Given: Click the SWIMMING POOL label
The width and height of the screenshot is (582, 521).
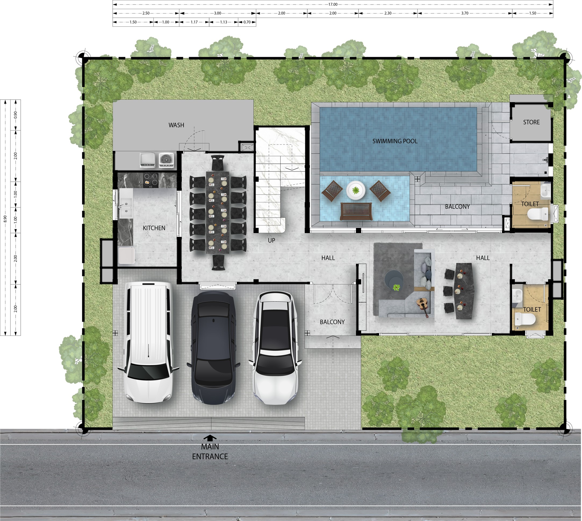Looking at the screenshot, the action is pos(395,141).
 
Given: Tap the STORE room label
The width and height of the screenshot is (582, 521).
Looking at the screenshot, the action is pos(531,122).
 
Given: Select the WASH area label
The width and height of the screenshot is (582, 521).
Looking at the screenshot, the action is pos(176,125).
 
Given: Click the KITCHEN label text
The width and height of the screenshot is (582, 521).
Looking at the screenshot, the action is pos(154,228).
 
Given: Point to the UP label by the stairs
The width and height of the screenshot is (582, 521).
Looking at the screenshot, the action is pos(272,241).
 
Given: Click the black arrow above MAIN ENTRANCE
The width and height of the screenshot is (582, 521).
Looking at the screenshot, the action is pos(210,438).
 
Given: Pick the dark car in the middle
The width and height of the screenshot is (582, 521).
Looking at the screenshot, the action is pos(214,347).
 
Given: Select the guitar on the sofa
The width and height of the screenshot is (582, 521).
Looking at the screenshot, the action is pos(422,306).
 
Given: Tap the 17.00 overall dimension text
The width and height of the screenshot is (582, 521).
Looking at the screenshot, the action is pos(333,4).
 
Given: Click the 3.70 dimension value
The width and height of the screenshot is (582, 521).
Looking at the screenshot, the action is pos(465,13).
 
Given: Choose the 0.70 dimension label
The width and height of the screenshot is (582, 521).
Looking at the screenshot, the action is pos(247,22).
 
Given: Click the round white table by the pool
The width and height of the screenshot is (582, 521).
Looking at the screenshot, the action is pos(356,190).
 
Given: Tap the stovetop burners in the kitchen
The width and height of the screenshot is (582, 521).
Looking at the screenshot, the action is pos(151,179).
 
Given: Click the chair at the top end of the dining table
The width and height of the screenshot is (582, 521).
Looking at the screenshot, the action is pos(218,162).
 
